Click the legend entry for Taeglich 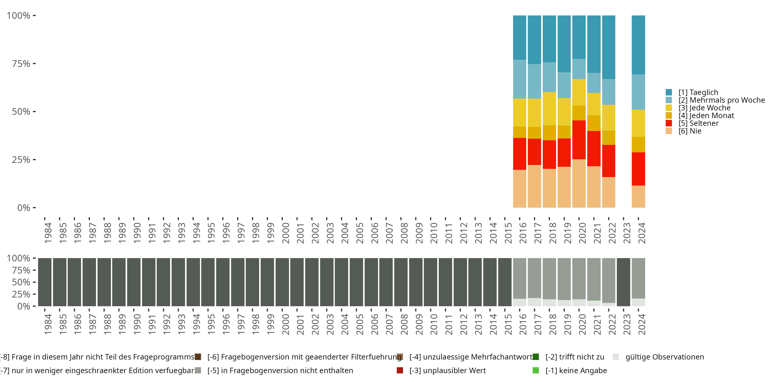pos(698,92)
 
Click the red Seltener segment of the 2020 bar pos(579,140)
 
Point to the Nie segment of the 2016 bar pos(519,189)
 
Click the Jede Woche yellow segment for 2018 pos(549,109)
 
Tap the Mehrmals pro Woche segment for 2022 pos(608,92)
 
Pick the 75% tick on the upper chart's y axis pos(21,64)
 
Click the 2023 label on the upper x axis pos(627,233)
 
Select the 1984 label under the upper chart pos(48,233)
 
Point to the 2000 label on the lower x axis pos(285,324)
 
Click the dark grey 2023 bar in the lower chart pos(623,282)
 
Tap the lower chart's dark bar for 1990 pos(134,282)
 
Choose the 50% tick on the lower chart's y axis pos(21,282)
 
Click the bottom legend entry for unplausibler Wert pos(448,370)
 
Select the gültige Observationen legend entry pos(664,357)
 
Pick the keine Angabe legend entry pos(576,370)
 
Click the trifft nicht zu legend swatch pos(536,357)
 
